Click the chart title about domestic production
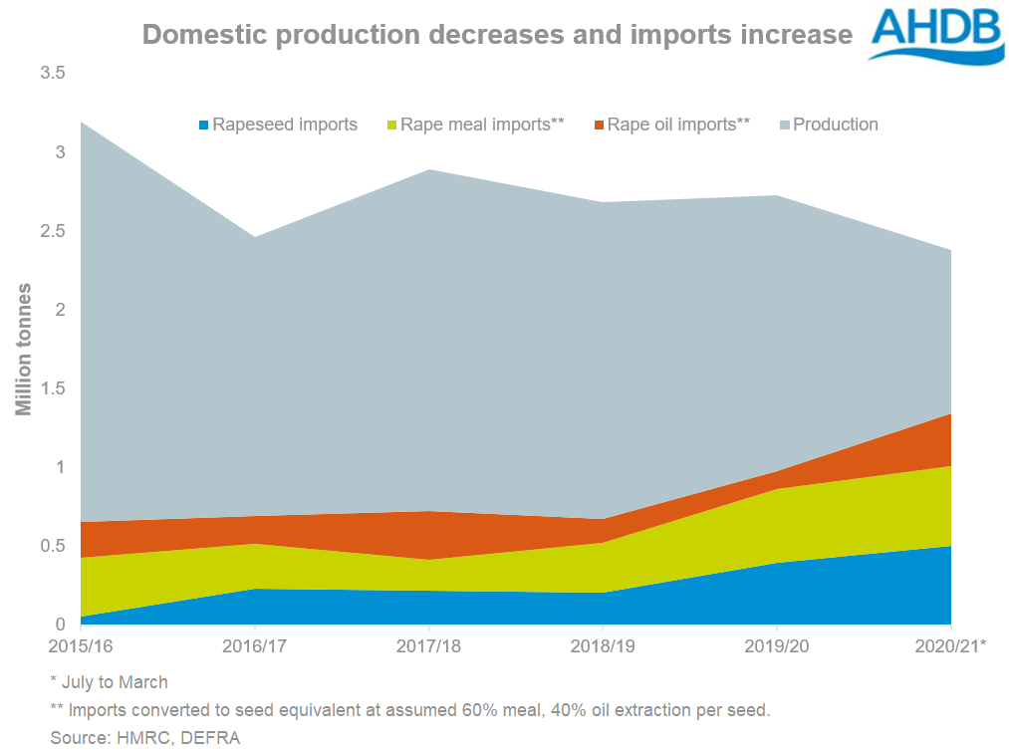[497, 35]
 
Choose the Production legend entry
[835, 125]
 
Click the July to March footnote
[110, 683]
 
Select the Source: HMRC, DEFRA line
[144, 738]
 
